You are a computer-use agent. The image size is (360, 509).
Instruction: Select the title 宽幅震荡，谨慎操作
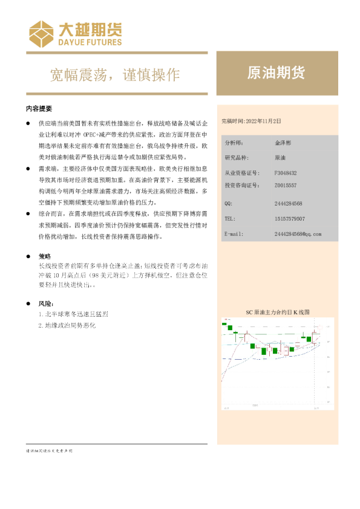click(114, 74)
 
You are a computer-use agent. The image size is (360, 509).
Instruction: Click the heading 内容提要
click(39, 109)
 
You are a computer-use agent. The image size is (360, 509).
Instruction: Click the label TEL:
click(229, 218)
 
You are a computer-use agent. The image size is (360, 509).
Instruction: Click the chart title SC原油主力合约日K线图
click(277, 312)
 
